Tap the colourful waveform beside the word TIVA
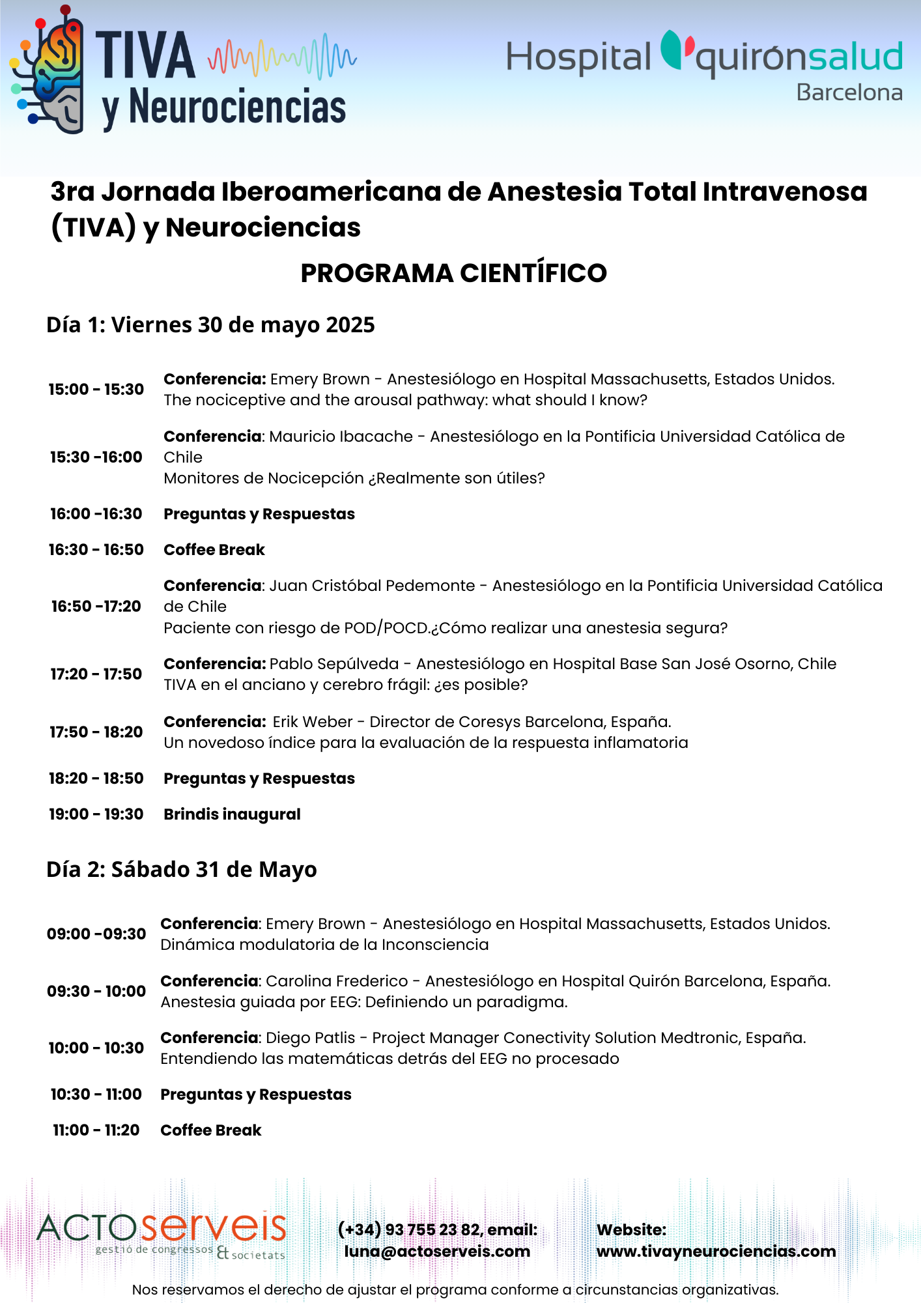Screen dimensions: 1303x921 click(x=282, y=57)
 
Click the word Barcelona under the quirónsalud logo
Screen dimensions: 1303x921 click(x=849, y=93)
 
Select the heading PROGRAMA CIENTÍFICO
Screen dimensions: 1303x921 click(x=453, y=273)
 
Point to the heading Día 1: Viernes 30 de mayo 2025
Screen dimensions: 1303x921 click(x=210, y=324)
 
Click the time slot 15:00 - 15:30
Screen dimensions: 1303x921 click(x=96, y=390)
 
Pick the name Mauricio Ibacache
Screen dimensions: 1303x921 click(x=341, y=437)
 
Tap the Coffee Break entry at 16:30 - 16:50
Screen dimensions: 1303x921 click(x=214, y=550)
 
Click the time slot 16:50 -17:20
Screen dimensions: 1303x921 click(x=96, y=607)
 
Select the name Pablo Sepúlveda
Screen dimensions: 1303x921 click(x=333, y=664)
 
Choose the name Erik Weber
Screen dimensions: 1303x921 click(x=312, y=722)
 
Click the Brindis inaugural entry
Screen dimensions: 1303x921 click(x=232, y=814)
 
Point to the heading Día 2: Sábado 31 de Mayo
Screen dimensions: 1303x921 click(x=182, y=869)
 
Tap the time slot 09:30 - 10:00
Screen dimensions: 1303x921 click(x=96, y=992)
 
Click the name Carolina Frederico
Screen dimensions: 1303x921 click(x=337, y=981)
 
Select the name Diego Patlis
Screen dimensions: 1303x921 click(x=310, y=1038)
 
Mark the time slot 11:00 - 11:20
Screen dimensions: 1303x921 click(x=96, y=1130)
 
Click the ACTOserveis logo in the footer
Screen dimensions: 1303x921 click(x=162, y=1235)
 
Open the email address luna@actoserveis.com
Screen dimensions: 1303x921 click(x=437, y=1252)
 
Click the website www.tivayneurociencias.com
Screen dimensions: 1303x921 click(x=716, y=1252)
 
